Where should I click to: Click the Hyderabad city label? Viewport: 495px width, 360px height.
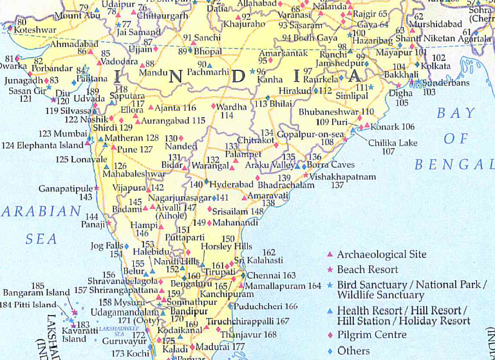pos(232,184)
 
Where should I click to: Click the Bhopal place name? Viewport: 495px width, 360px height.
pos(208,51)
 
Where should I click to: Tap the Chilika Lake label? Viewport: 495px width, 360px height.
pos(393,142)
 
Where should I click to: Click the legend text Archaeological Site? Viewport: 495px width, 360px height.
pos(381,255)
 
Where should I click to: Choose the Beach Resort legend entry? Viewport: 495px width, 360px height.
pos(368,269)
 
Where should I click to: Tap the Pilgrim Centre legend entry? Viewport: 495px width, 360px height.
pos(372,335)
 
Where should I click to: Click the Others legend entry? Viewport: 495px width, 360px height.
pos(353,351)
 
